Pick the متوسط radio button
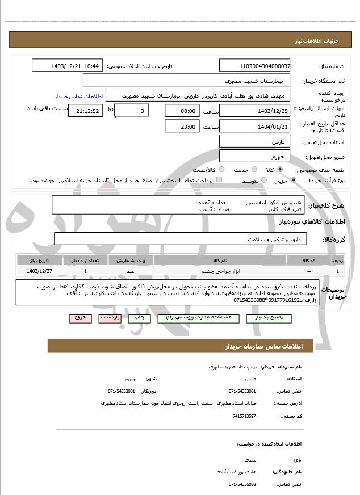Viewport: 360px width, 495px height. [263, 181]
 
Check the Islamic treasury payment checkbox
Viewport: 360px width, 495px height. [219, 181]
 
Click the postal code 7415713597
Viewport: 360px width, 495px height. [244, 417]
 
